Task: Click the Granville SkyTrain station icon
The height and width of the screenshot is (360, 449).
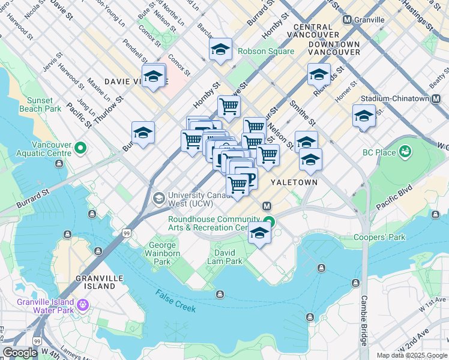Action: [347, 20]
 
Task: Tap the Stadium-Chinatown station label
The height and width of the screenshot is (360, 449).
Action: [395, 99]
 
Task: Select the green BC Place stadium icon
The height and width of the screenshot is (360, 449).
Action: [405, 151]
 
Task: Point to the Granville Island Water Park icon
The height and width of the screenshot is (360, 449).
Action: [82, 307]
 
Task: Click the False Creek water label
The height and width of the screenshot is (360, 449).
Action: [176, 301]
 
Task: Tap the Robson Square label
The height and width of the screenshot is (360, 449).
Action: [266, 52]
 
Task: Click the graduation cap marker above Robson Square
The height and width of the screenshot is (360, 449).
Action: [220, 49]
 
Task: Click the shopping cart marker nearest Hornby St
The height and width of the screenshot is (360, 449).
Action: [229, 107]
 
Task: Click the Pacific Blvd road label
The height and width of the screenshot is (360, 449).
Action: [394, 197]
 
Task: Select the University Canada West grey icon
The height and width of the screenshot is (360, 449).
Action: [159, 198]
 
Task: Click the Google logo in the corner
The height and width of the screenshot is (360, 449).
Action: [20, 353]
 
